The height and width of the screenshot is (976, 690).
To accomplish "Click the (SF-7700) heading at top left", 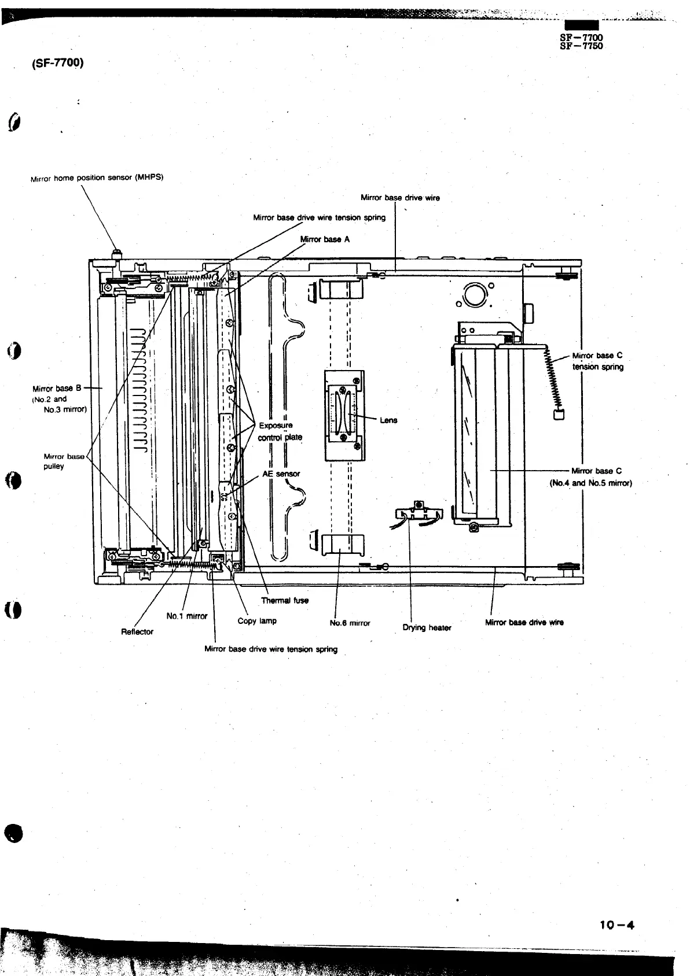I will pyautogui.click(x=57, y=62).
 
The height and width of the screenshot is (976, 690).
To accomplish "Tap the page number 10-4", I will pyautogui.click(x=617, y=925).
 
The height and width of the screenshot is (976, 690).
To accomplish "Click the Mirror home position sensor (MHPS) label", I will pyautogui.click(x=97, y=178).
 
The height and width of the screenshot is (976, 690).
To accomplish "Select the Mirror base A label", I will pyautogui.click(x=325, y=239).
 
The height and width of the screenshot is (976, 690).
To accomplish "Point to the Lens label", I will pyautogui.click(x=388, y=420).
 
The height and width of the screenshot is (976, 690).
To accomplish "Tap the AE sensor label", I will pyautogui.click(x=281, y=474).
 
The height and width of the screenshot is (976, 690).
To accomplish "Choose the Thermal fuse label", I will pyautogui.click(x=285, y=600).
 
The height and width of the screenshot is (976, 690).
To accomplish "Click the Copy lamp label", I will pyautogui.click(x=257, y=621).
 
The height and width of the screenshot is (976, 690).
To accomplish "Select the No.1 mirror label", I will pyautogui.click(x=186, y=616).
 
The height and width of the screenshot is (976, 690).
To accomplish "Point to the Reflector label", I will pyautogui.click(x=137, y=632).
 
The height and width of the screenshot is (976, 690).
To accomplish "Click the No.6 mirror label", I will pyautogui.click(x=350, y=623).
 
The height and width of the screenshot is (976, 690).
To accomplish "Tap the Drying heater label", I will pyautogui.click(x=427, y=628).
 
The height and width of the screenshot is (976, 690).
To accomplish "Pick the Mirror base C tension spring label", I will pyautogui.click(x=597, y=361).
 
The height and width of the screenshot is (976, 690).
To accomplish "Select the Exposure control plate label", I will pyautogui.click(x=280, y=431).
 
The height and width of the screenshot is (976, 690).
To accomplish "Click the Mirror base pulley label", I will pyautogui.click(x=64, y=461).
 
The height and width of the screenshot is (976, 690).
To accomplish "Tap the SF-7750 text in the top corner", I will pyautogui.click(x=581, y=46).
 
